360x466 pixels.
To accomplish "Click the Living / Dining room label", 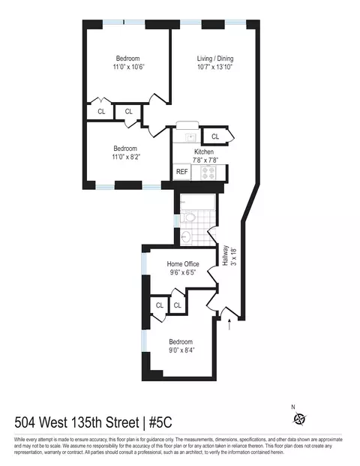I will [x=214, y=59].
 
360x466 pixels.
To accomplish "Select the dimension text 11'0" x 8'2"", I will [x=126, y=157].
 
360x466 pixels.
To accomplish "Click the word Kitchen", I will [x=205, y=151].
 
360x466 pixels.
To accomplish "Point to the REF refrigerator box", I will [x=182, y=172].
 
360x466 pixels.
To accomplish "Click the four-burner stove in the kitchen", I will [x=208, y=172].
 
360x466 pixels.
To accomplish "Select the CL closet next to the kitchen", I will [x=215, y=136].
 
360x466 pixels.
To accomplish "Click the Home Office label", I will [x=184, y=263].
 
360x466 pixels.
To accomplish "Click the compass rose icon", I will [x=300, y=418].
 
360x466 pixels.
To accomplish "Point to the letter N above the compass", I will [x=293, y=407].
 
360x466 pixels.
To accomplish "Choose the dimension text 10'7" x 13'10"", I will [x=214, y=68].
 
